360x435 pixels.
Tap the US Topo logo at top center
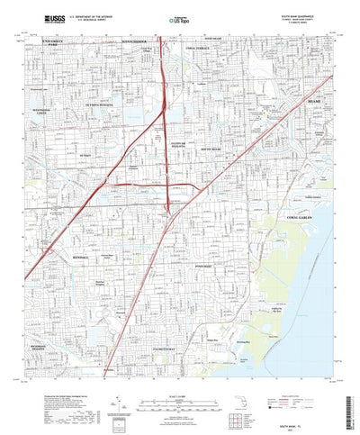(179, 18)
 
